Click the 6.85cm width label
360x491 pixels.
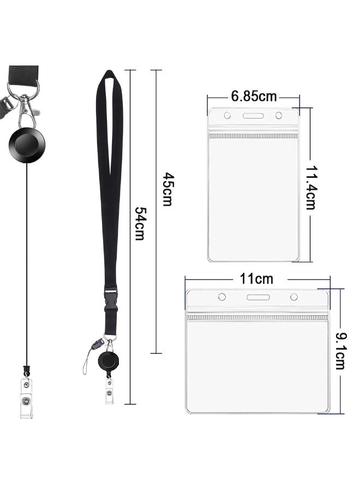point(254,96)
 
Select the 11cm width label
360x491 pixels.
point(256,278)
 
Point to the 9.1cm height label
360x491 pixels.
point(340,351)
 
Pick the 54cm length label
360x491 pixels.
point(140,223)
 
